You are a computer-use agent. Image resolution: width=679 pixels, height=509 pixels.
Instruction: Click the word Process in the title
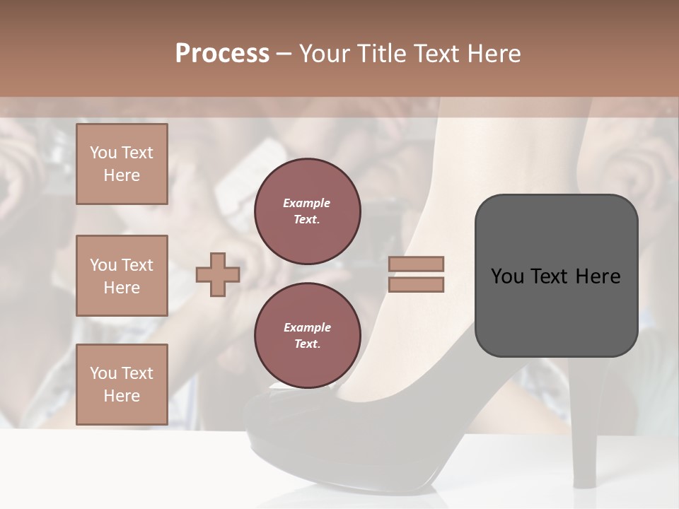222,54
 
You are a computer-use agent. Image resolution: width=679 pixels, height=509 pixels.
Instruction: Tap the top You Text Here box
122,164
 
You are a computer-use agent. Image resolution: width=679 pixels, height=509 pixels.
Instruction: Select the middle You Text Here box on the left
122,276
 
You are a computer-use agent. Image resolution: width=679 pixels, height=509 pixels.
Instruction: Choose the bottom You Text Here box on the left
122,385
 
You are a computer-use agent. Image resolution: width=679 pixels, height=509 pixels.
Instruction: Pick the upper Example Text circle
308,211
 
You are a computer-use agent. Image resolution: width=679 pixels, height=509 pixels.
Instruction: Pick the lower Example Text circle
308,336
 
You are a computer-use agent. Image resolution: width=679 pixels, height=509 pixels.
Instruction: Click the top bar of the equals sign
416,264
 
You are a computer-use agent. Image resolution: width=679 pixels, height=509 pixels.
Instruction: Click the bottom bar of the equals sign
416,284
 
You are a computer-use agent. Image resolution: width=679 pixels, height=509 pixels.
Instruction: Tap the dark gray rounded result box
556,276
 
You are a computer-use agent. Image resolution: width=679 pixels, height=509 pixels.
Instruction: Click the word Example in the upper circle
307,203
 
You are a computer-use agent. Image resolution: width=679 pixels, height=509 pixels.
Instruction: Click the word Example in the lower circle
307,327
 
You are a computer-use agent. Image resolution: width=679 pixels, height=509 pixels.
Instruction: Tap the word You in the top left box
103,153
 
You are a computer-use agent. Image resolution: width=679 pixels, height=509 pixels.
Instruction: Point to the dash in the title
284,54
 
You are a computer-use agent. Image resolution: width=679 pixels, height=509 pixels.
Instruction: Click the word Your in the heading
325,54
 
